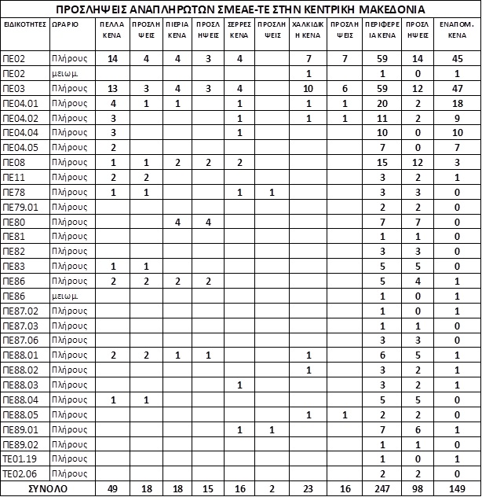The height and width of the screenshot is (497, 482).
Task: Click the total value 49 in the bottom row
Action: click(x=112, y=488)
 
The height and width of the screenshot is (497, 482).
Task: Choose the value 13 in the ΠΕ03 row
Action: click(x=112, y=88)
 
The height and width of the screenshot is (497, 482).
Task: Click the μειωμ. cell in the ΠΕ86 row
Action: click(x=62, y=296)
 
